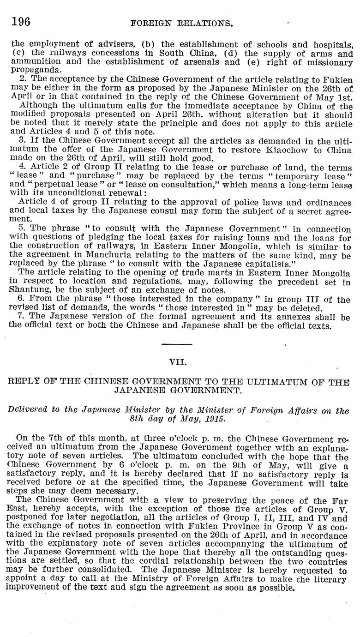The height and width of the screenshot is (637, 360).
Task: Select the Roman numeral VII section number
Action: tap(177, 362)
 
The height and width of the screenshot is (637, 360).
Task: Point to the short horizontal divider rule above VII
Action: tap(177, 344)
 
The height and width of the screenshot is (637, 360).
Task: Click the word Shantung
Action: tap(30, 290)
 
